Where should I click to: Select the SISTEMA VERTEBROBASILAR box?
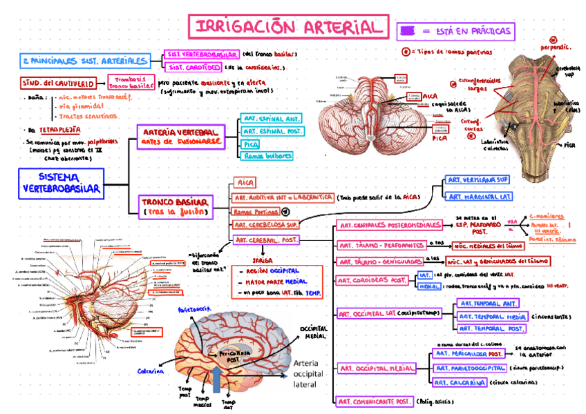(61, 183)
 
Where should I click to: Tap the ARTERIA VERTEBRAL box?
(181, 135)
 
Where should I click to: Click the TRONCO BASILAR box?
(175, 206)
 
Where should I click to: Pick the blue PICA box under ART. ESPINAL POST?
(250, 144)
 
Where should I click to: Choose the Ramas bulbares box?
(267, 156)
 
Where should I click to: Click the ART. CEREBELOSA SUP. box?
(265, 225)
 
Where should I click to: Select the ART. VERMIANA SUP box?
(478, 180)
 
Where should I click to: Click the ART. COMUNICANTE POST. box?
(374, 401)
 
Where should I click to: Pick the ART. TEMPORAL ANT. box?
(488, 303)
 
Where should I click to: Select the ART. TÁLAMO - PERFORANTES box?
(381, 245)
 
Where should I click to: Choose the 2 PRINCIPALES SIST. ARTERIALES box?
(84, 61)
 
